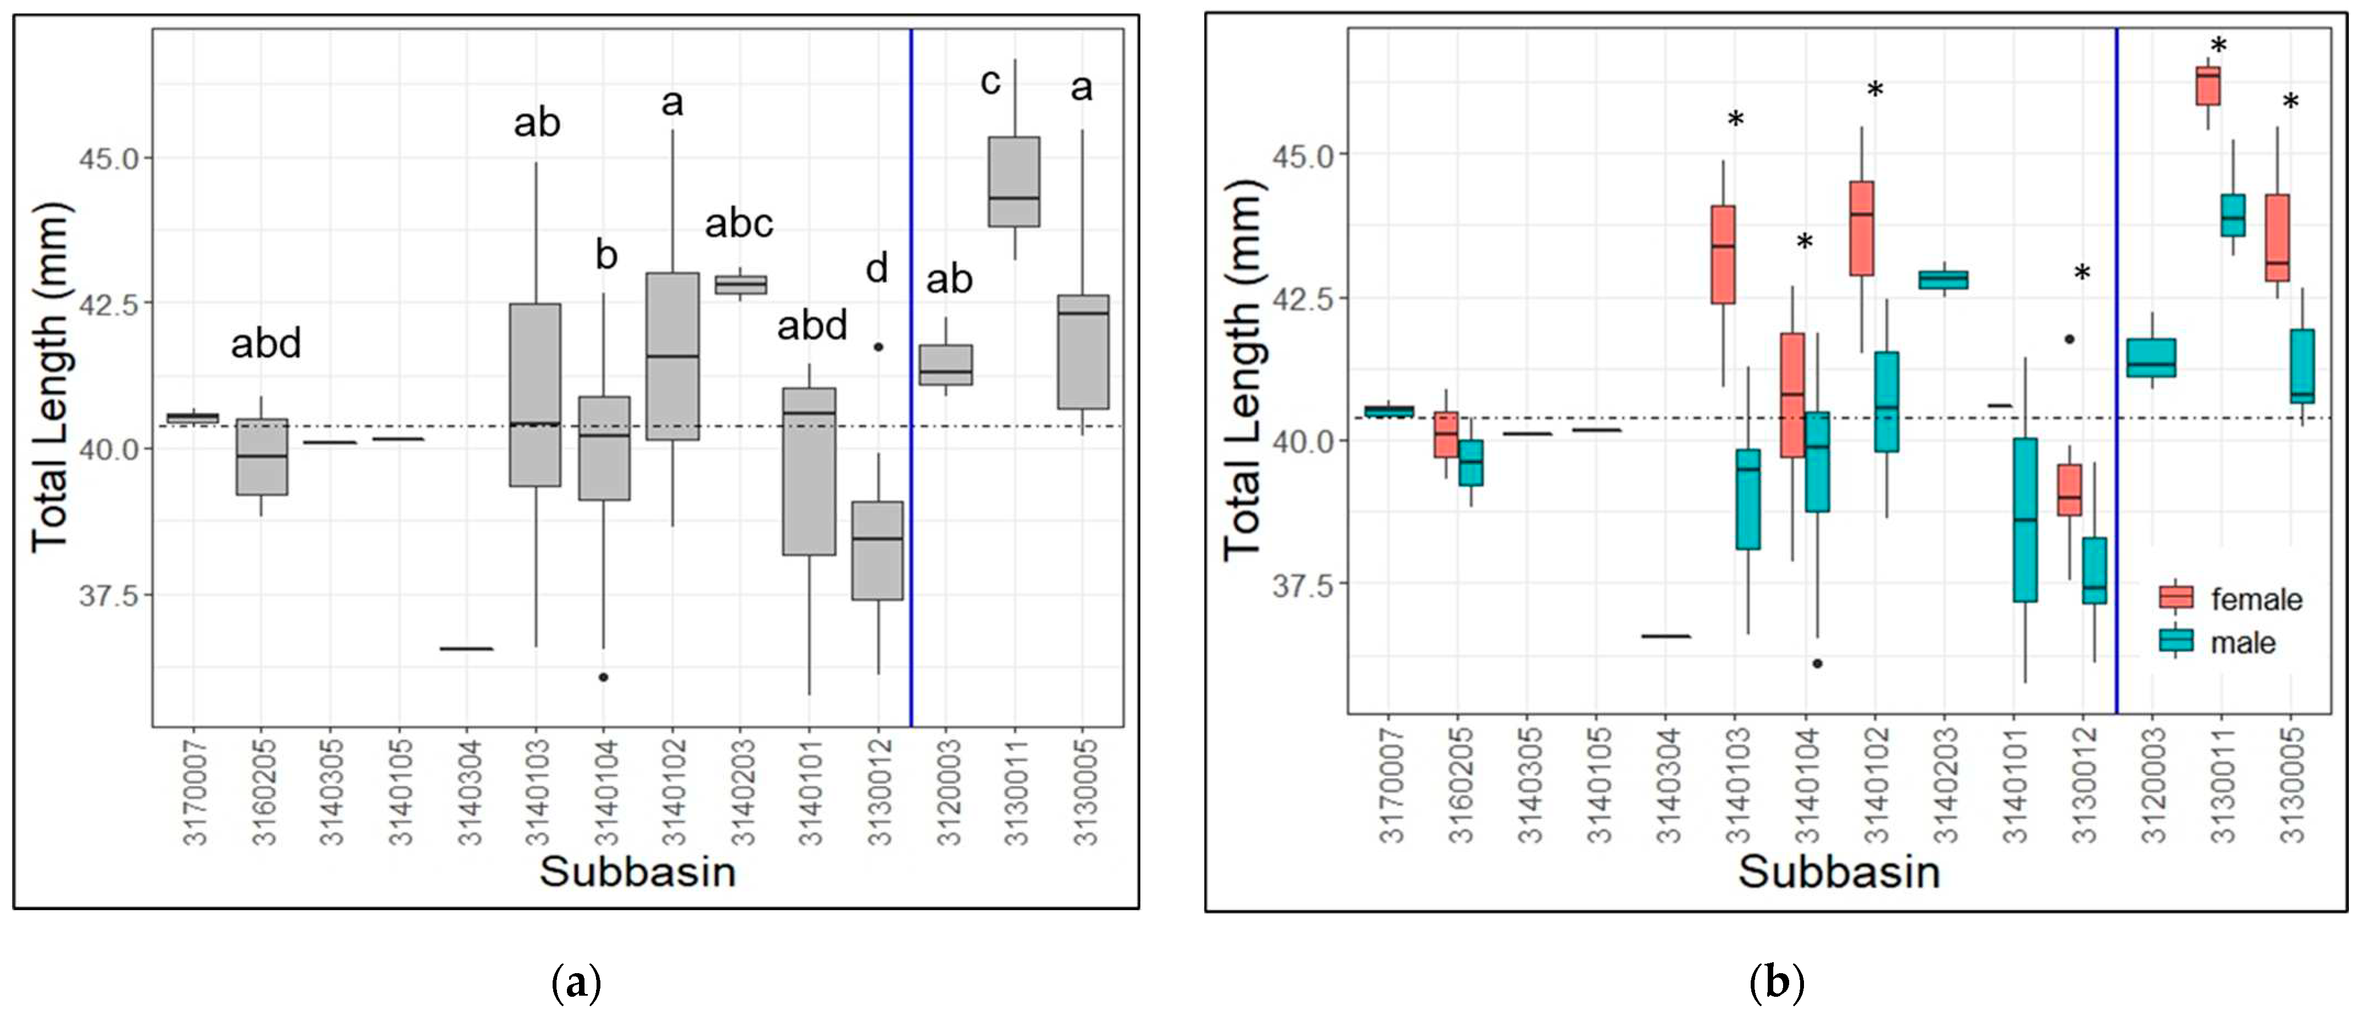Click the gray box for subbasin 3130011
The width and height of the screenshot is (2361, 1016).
click(1014, 181)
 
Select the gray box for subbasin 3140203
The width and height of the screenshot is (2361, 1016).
click(740, 285)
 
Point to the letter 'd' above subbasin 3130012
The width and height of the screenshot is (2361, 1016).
click(877, 269)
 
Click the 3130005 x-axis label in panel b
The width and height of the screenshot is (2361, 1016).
click(2291, 785)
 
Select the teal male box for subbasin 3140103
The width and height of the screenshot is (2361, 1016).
click(1748, 499)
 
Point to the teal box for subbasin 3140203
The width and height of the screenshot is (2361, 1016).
click(1943, 280)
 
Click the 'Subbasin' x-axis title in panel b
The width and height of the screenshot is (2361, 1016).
click(1839, 871)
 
